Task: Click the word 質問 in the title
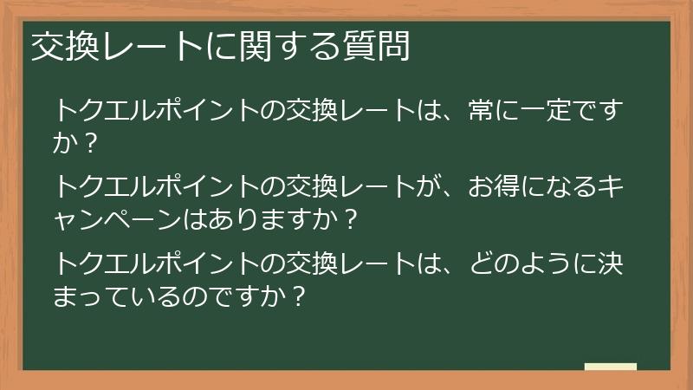382,47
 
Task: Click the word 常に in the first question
486,112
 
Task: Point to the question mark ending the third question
296,296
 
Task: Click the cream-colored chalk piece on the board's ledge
610,367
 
